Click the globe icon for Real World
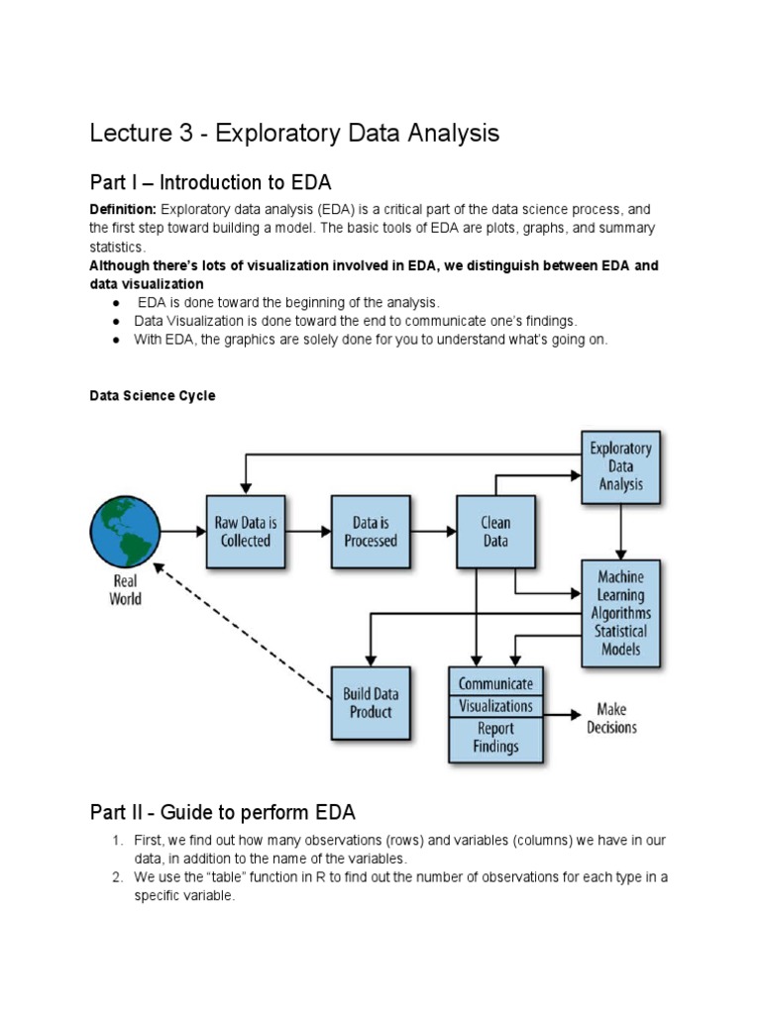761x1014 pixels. tap(125, 532)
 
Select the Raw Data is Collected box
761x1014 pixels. tap(246, 532)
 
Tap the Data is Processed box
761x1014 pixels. tap(371, 532)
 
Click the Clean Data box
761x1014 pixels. tap(495, 532)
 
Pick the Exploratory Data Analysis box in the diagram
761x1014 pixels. tap(621, 466)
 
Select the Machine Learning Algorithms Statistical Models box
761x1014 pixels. tap(621, 613)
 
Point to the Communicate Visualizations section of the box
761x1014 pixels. tap(495, 694)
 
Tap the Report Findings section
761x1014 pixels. tap(495, 738)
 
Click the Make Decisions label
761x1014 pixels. tap(612, 719)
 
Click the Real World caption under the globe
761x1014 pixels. tap(125, 590)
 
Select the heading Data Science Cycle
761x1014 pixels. tap(153, 395)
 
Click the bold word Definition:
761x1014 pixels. tap(123, 209)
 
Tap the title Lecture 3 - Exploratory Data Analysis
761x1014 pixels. tap(294, 133)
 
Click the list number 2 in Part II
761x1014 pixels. tap(115, 876)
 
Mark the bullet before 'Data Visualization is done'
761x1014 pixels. tap(116, 321)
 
